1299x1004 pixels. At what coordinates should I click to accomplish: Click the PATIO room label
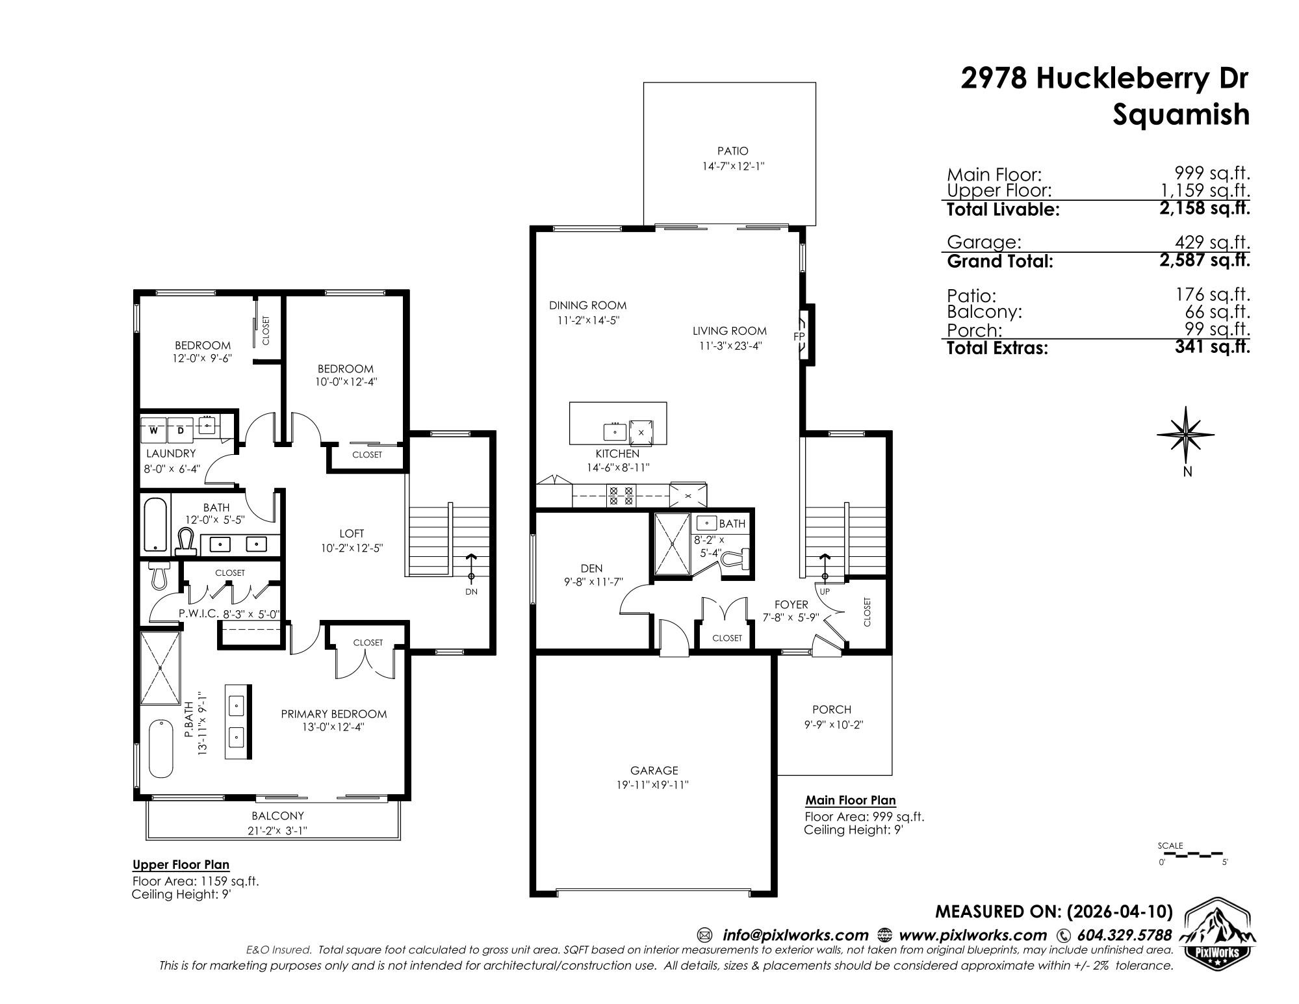(732, 151)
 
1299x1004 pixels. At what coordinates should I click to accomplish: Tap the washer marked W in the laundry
(154, 430)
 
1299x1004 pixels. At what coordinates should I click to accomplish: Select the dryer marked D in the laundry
(181, 430)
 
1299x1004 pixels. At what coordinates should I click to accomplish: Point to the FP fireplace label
(799, 337)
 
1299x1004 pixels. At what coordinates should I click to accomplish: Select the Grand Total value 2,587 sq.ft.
(1212, 261)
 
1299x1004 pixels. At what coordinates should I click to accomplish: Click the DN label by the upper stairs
(471, 591)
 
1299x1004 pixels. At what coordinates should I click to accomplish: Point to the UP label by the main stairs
(825, 591)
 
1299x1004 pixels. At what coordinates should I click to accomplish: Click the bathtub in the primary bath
(161, 749)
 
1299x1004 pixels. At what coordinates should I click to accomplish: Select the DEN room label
(591, 568)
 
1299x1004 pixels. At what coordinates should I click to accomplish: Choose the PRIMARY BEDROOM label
(333, 714)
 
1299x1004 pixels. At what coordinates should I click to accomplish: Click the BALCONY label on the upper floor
(277, 816)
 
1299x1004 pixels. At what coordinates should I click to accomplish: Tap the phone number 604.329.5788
(1124, 935)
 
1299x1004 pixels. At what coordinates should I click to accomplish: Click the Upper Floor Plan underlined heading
(181, 864)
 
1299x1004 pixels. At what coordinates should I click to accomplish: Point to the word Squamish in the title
(1181, 114)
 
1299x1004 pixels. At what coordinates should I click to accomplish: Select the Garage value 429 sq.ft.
(1213, 242)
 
